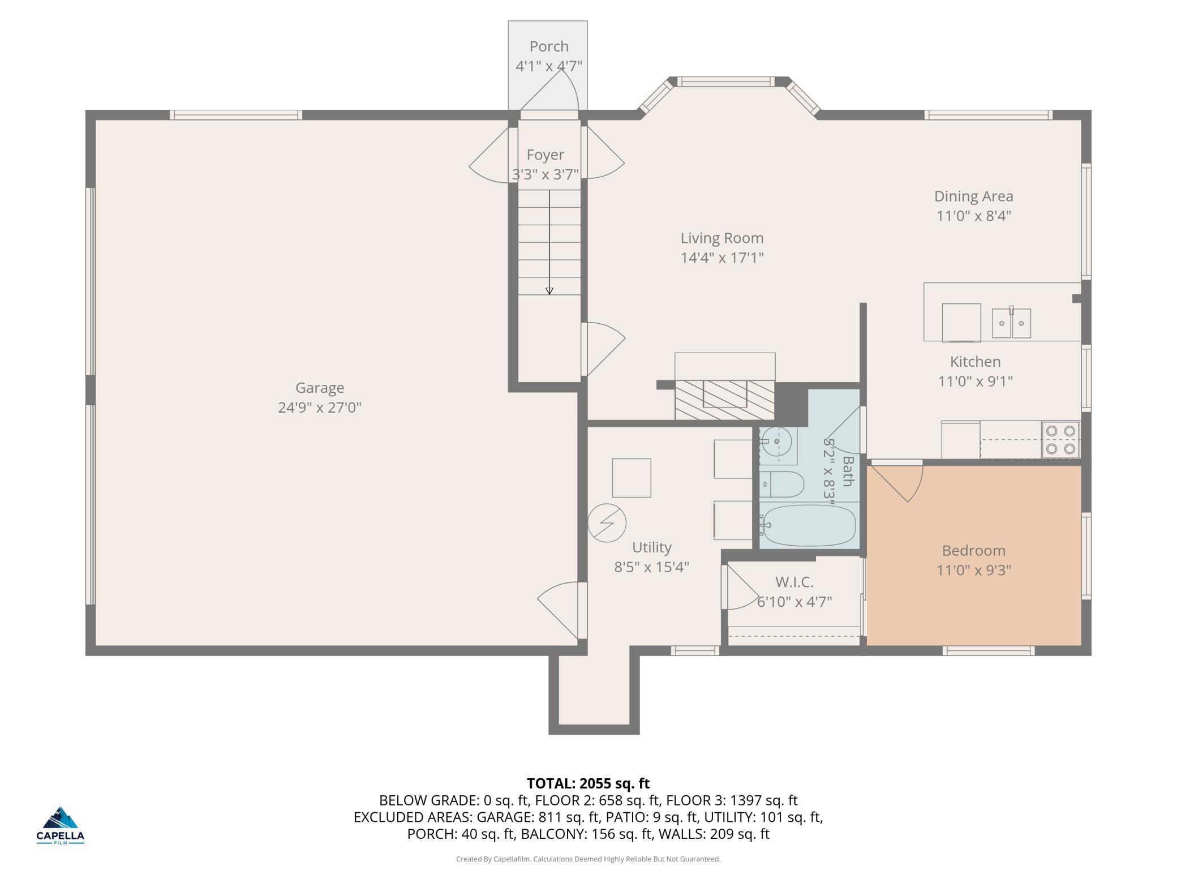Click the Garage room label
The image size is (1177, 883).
point(320,388)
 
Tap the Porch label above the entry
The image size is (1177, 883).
point(549,46)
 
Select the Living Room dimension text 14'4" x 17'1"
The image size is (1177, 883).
point(722,258)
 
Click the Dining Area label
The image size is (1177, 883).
point(973,196)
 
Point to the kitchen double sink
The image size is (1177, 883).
point(1011,323)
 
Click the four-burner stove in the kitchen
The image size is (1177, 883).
point(1060,440)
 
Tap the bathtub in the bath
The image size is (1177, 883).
point(808,525)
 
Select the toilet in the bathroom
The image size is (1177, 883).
point(781,484)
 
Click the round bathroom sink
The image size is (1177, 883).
point(777,441)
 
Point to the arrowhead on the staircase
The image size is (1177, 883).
point(549,291)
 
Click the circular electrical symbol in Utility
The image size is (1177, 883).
point(607,523)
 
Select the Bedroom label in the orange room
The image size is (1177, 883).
point(973,551)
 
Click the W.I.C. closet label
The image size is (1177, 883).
point(794,582)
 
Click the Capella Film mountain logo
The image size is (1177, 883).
point(61,818)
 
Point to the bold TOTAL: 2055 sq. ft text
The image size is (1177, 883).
point(588,783)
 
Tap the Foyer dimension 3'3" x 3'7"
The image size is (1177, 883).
point(545,174)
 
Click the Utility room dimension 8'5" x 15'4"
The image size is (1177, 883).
point(652,567)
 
